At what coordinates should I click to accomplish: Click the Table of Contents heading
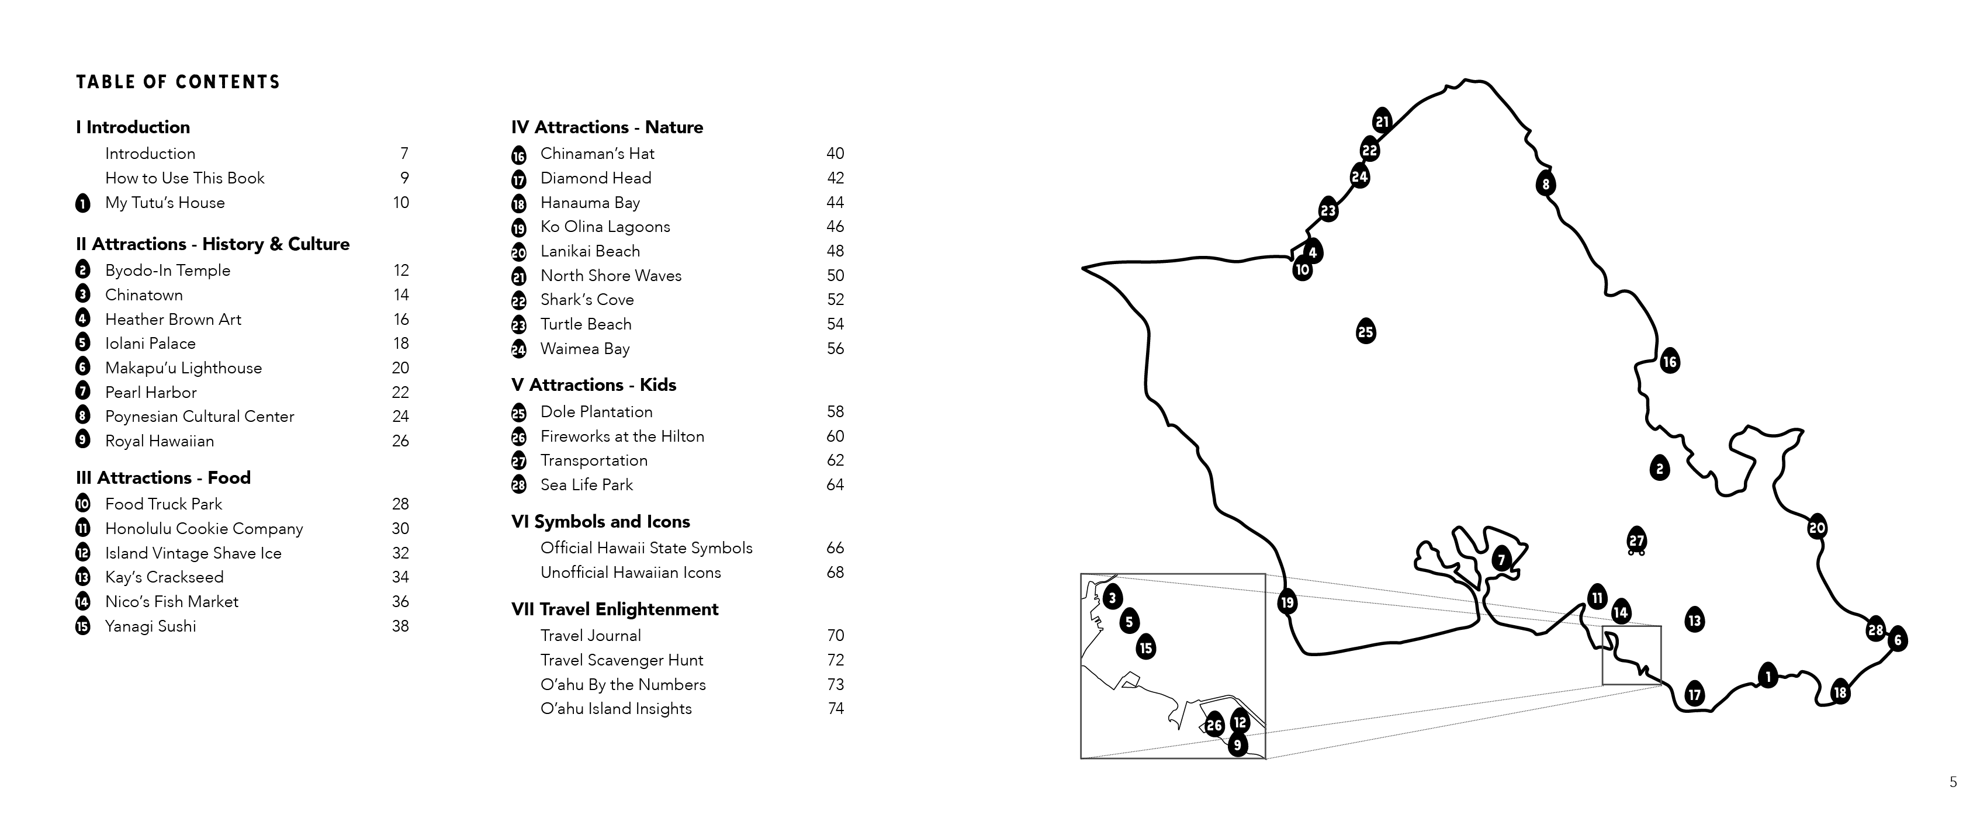(178, 82)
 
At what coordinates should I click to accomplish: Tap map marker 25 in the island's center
(1365, 331)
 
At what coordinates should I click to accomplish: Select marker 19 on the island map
(1287, 602)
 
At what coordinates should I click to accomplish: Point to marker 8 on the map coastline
(1545, 183)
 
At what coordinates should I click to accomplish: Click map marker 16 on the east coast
(1669, 361)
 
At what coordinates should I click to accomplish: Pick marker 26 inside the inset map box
(1214, 725)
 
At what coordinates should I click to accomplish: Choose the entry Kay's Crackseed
(164, 577)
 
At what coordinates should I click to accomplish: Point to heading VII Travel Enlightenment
(614, 609)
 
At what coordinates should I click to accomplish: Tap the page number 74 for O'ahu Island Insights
(835, 709)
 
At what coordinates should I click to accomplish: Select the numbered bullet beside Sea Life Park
(518, 485)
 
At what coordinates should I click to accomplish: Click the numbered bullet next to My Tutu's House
(82, 203)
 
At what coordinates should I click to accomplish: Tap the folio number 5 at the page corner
(1953, 782)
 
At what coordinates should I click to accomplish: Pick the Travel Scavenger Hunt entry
(622, 660)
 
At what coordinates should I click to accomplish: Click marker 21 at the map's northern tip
(1382, 121)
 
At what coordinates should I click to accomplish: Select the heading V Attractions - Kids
(593, 384)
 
